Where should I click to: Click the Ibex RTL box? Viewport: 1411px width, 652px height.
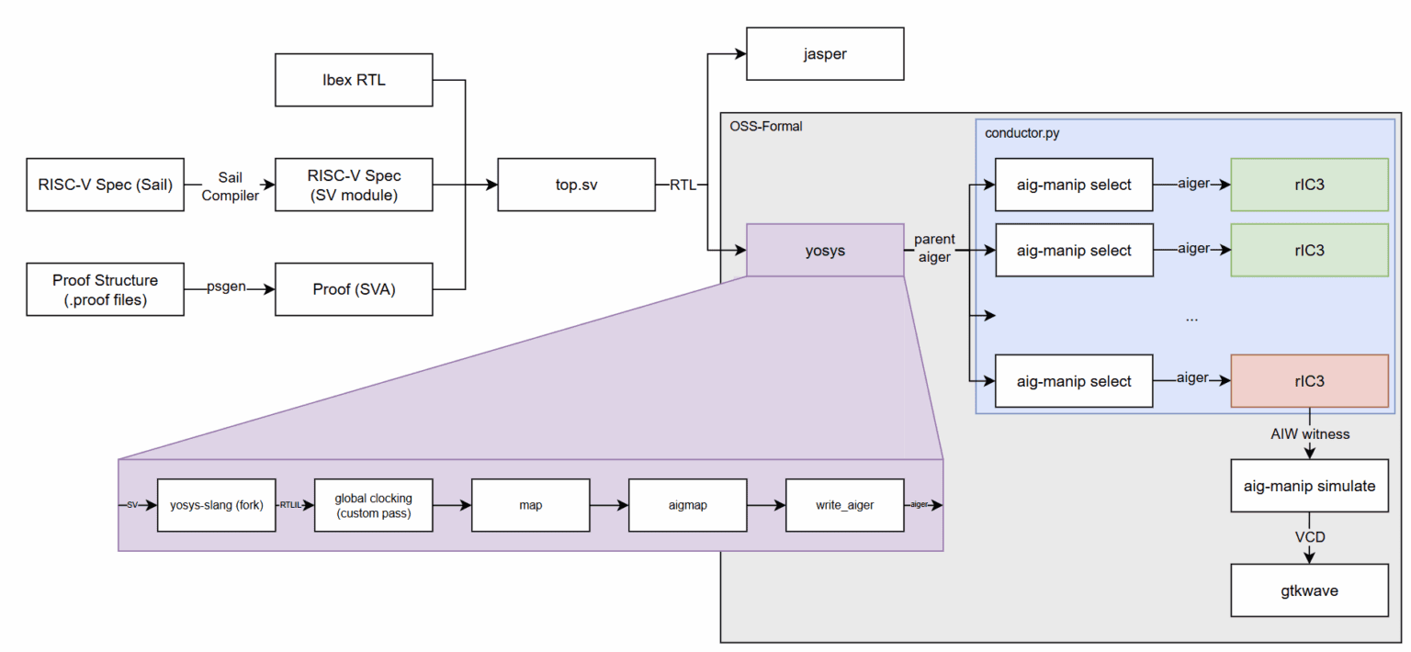(354, 80)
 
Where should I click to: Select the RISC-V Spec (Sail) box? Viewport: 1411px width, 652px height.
(106, 185)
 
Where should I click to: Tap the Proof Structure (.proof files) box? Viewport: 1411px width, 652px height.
(106, 288)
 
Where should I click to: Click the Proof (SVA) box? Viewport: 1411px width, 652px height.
(354, 288)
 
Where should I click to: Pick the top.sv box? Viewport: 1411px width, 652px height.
(576, 185)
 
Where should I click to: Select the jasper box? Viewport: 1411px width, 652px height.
(825, 54)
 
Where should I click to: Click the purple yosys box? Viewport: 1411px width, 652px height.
(825, 250)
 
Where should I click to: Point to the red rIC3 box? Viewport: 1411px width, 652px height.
(1309, 381)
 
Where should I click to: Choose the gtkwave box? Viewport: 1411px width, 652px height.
(1309, 590)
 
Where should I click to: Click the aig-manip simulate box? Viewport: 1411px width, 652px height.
(1309, 485)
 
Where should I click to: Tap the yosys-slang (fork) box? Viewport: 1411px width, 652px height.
(217, 504)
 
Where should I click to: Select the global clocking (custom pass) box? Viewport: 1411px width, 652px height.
(373, 504)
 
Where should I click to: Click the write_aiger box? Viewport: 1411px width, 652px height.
(844, 504)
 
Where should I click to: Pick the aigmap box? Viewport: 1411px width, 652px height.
(687, 504)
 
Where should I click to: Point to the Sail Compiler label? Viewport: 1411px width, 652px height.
(230, 185)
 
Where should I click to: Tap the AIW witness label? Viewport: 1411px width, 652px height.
(1309, 433)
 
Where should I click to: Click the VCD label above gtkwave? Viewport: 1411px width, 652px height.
(1309, 537)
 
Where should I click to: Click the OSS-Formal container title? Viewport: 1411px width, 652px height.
(766, 126)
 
